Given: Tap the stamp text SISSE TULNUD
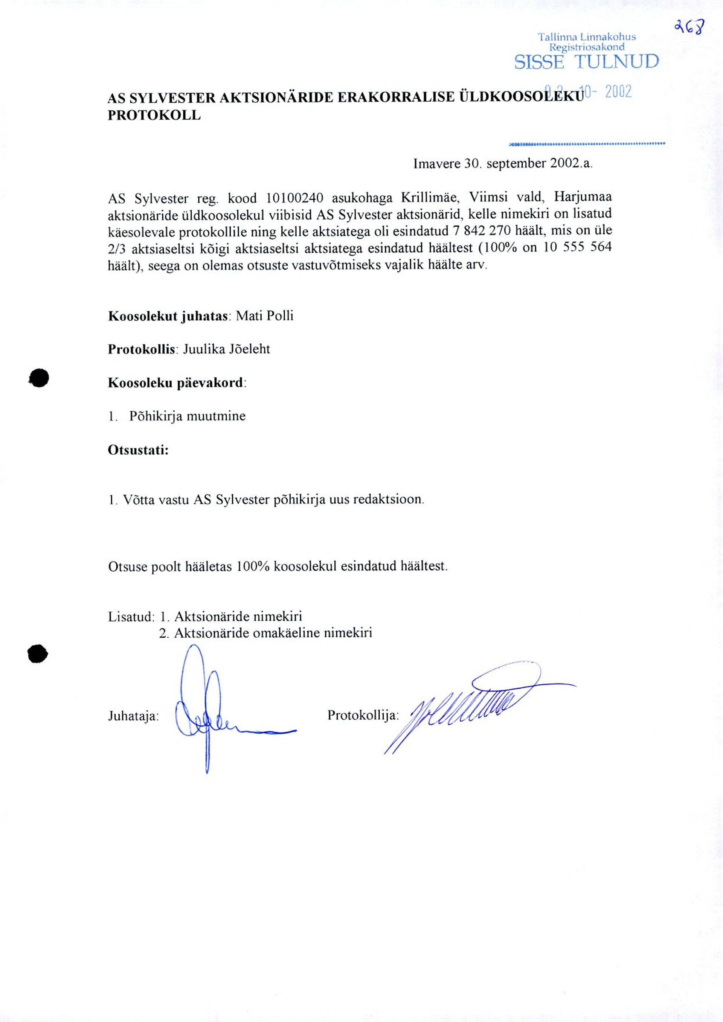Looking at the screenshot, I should click(586, 62).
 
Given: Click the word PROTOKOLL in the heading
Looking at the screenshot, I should click(154, 115).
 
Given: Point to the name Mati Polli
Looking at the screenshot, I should click(264, 316).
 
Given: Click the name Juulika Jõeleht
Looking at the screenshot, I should click(227, 349).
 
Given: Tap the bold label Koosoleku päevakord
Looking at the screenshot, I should click(176, 383).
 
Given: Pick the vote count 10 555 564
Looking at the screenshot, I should click(577, 247).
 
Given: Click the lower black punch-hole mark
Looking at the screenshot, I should click(37, 653).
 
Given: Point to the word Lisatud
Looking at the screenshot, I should click(130, 617).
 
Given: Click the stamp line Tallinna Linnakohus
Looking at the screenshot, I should click(586, 37).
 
